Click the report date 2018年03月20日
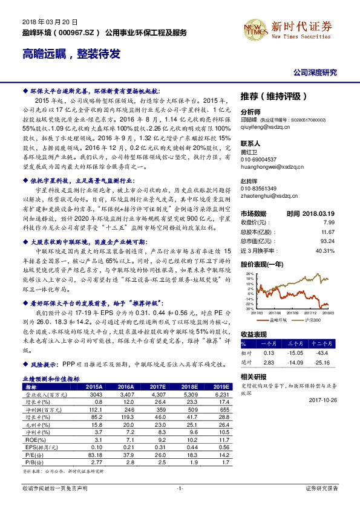tap(38, 20)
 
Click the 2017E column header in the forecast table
tap(156, 386)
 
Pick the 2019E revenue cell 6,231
tap(218, 394)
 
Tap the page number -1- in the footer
tap(180, 487)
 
